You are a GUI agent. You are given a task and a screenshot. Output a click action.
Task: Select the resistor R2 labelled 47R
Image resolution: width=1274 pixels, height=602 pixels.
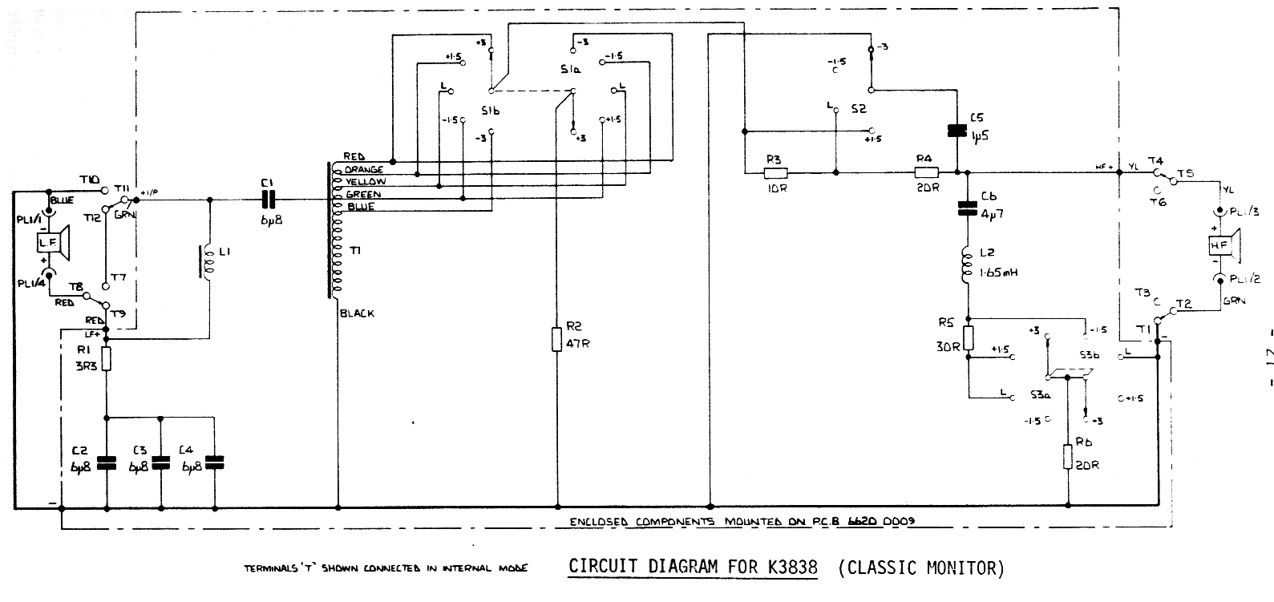pos(556,338)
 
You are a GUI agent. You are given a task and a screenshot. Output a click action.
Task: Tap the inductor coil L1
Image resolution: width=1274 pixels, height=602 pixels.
pos(208,263)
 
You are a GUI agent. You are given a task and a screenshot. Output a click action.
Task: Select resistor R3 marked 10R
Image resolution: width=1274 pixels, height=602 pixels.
pos(775,172)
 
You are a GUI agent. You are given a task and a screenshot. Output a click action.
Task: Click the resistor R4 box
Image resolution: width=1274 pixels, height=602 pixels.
pos(927,172)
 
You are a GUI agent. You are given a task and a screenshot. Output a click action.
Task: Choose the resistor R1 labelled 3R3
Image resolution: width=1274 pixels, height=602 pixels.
pos(106,358)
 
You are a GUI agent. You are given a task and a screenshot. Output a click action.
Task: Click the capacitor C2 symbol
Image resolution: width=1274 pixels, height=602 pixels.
pos(106,462)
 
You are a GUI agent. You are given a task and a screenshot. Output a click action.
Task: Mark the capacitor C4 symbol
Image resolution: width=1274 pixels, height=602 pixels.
pos(215,462)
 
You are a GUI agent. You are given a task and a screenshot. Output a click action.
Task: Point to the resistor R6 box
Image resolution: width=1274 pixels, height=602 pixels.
pos(1068,457)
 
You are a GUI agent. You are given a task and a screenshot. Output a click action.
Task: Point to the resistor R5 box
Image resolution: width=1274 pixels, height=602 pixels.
pos(968,338)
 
